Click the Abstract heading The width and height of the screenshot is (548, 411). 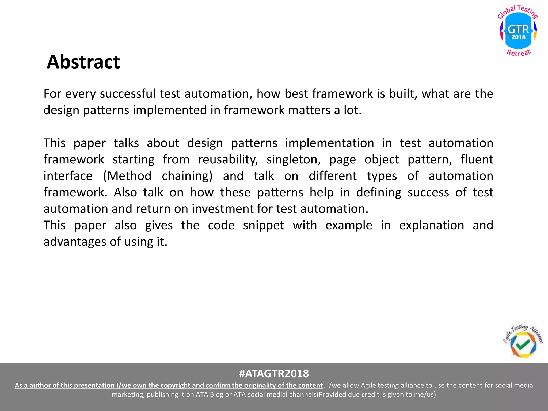point(83,62)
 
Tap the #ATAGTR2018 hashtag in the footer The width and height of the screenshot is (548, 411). point(274,373)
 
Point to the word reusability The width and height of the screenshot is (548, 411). point(228,160)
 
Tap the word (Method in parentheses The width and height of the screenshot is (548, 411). point(127,176)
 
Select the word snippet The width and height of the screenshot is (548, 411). point(264,225)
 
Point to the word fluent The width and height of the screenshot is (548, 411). point(477,160)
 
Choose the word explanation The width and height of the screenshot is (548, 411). point(432,225)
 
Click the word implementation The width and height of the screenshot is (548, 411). point(329,143)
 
